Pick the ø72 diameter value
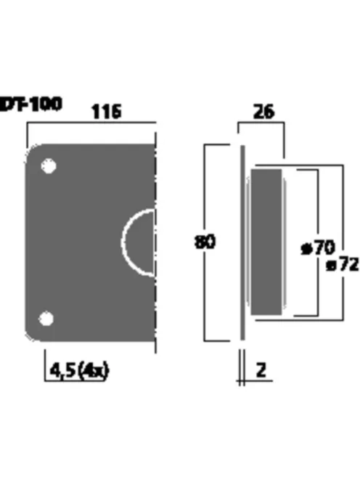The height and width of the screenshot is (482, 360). pos(342,265)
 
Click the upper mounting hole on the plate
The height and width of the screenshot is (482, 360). pos(48,166)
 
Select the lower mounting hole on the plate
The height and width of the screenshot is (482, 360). pos(46,319)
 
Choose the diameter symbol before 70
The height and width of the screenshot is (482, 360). pos(306,249)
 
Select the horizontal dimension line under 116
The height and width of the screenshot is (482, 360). pos(91,123)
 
